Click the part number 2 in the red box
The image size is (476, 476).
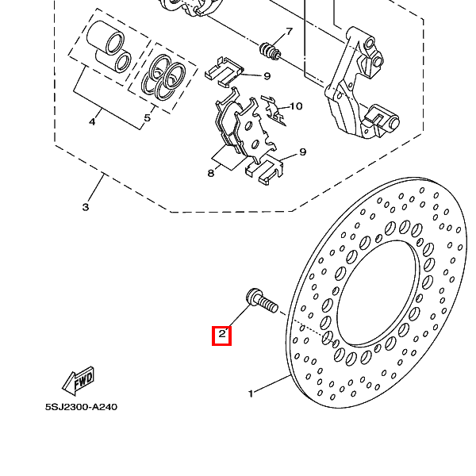pyautogui.click(x=222, y=334)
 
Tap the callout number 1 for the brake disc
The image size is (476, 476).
pyautogui.click(x=251, y=393)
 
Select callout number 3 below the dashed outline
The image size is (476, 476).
pyautogui.click(x=86, y=207)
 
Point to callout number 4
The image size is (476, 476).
pyautogui.click(x=92, y=121)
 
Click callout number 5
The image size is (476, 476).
pyautogui.click(x=148, y=117)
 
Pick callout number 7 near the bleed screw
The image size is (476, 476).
pyautogui.click(x=290, y=31)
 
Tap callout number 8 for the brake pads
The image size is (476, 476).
pyautogui.click(x=211, y=173)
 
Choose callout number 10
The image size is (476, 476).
pyautogui.click(x=296, y=106)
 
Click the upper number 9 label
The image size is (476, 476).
pyautogui.click(x=267, y=76)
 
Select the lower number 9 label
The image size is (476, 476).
pyautogui.click(x=303, y=152)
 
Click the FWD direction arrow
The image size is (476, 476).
pyautogui.click(x=79, y=380)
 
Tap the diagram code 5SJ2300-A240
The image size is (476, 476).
pyautogui.click(x=81, y=407)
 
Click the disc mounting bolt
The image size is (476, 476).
pyautogui.click(x=262, y=301)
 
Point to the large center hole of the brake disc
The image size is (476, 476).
pyautogui.click(x=376, y=294)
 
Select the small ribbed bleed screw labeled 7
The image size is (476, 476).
pyautogui.click(x=270, y=51)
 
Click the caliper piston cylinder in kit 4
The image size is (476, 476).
pyautogui.click(x=105, y=37)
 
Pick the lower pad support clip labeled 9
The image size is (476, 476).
pyautogui.click(x=264, y=170)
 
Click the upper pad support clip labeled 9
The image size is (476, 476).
pyautogui.click(x=224, y=72)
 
